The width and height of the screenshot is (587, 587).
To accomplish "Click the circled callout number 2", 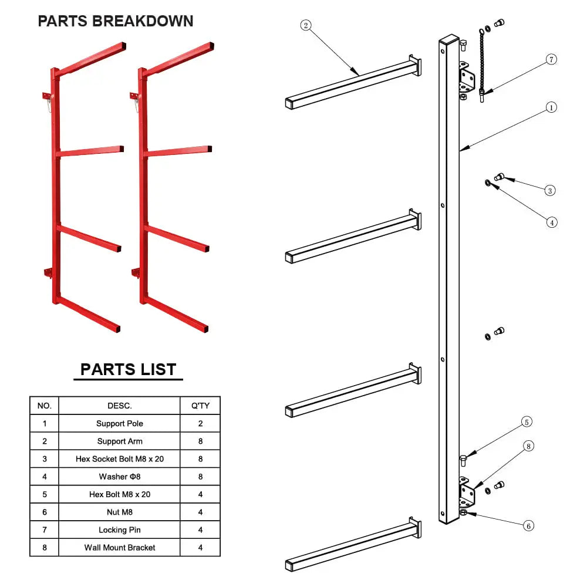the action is click(x=305, y=25).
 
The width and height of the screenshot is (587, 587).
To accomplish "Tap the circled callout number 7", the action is click(x=551, y=59).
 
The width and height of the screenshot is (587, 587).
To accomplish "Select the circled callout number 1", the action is click(x=551, y=107).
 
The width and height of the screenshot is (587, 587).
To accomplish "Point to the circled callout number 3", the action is click(x=550, y=191).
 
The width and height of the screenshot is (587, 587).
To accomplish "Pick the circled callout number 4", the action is click(x=552, y=222).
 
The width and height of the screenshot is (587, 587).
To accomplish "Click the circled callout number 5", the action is click(x=527, y=422).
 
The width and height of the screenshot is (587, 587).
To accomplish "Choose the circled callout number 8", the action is click(x=529, y=446).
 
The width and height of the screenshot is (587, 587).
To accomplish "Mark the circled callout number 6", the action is click(x=529, y=526).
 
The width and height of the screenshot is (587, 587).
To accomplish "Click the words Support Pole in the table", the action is click(x=120, y=423).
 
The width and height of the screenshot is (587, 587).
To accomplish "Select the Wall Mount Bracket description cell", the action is click(x=119, y=547).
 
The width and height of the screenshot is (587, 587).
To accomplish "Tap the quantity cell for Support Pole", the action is click(x=200, y=423).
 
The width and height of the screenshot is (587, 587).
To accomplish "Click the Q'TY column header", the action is click(x=200, y=406).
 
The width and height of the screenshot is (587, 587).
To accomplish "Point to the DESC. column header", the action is click(x=119, y=406).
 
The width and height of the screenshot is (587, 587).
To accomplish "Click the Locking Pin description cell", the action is click(x=119, y=529).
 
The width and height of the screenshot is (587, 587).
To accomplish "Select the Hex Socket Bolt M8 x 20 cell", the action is click(x=119, y=458).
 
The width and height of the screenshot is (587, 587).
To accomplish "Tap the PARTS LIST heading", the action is click(x=129, y=369).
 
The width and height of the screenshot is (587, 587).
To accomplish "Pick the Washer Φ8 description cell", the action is click(x=119, y=477).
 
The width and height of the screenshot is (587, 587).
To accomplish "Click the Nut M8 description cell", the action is click(x=119, y=512).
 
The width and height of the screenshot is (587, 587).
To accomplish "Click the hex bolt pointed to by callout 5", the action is click(x=463, y=460).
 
